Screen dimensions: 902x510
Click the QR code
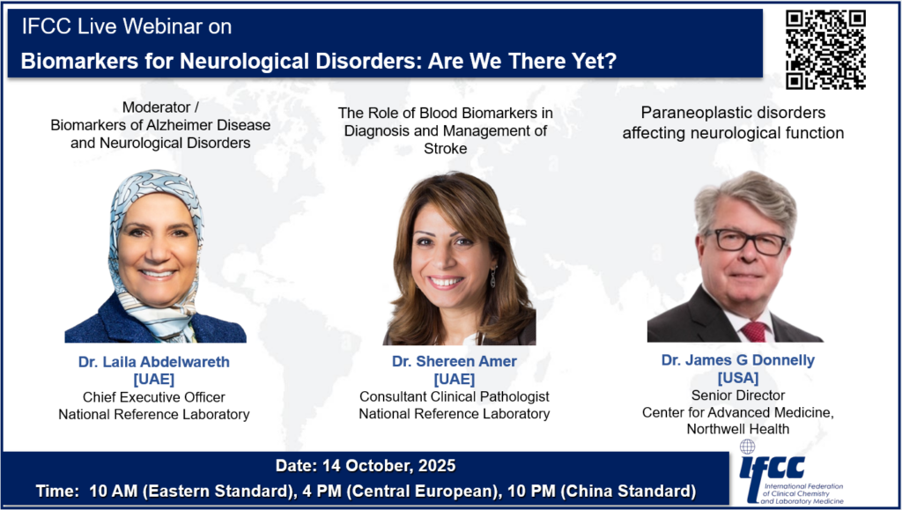pyautogui.click(x=825, y=50)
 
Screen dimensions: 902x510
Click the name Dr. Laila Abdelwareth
pyautogui.click(x=153, y=362)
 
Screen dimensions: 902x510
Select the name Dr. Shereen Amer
pyautogui.click(x=455, y=361)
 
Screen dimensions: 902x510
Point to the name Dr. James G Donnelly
pyautogui.click(x=738, y=360)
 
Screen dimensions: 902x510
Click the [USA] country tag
pyautogui.click(x=738, y=378)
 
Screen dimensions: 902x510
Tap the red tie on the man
pyautogui.click(x=754, y=332)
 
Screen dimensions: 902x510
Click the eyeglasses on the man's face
pyautogui.click(x=744, y=241)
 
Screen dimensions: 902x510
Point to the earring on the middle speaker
pyautogui.click(x=493, y=277)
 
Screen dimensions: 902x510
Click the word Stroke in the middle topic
pyautogui.click(x=445, y=148)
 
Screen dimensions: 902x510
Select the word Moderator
pyautogui.click(x=148, y=107)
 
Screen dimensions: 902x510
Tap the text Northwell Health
pyautogui.click(x=738, y=429)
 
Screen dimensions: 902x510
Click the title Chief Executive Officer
pyautogui.click(x=153, y=396)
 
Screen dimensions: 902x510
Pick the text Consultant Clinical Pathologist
pyautogui.click(x=455, y=396)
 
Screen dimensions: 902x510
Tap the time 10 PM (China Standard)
pyautogui.click(x=629, y=492)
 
